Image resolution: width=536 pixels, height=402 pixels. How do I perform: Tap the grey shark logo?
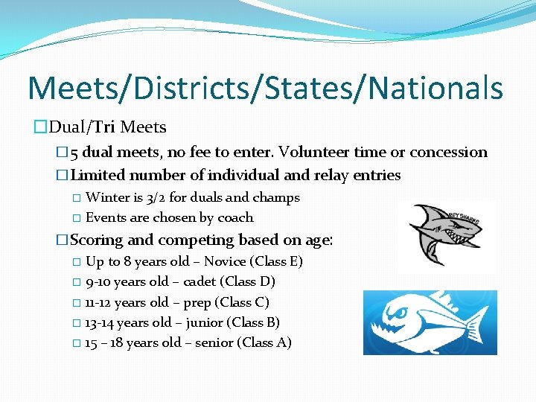tap(445, 233)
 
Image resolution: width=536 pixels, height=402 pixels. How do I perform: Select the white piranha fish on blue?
tap(430, 322)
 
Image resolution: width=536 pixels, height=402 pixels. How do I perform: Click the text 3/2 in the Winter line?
tap(156, 198)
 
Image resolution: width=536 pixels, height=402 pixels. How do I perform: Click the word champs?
tap(277, 198)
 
